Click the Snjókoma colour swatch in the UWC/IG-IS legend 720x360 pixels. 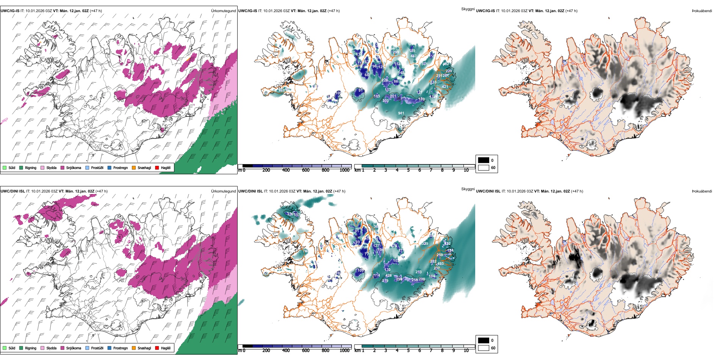pos(63,167)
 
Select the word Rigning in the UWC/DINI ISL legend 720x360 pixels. pos(31,348)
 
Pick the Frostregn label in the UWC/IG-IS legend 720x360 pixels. pos(121,167)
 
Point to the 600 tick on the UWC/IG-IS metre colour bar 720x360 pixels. pos(306,170)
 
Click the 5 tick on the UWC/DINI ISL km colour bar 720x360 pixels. pos(409,351)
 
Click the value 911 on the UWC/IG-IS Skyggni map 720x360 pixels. pos(401,113)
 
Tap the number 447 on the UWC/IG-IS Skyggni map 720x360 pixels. pos(413,56)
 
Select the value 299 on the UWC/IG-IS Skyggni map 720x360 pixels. pos(395,52)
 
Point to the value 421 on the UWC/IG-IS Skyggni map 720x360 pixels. pos(445,87)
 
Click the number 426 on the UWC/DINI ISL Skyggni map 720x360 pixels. pos(388,275)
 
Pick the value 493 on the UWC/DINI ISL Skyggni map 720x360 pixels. pos(440,264)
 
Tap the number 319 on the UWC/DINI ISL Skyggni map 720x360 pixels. pos(385,281)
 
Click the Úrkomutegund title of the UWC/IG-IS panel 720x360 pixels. pos(223,11)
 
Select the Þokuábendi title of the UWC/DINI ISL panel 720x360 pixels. pos(702,191)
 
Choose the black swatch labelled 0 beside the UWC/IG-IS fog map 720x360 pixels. pos(484,160)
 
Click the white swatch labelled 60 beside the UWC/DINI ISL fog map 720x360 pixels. pos(484,347)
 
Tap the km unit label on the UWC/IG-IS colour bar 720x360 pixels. pos(357,170)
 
